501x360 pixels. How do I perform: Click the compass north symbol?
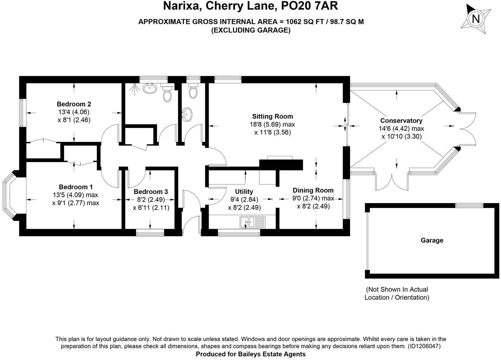[476, 19]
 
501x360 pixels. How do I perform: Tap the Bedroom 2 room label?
[74, 104]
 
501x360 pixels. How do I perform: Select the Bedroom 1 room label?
[75, 187]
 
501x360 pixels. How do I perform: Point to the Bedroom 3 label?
[151, 192]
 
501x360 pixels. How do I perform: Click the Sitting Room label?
[273, 116]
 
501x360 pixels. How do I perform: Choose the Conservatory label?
[401, 120]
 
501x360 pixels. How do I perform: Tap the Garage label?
[432, 240]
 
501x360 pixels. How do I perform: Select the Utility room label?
[244, 192]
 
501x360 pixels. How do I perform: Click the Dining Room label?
[313, 190]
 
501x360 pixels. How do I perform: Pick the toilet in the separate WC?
[193, 90]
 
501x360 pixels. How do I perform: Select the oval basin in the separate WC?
[187, 114]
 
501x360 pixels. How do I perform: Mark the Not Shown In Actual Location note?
[397, 293]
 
